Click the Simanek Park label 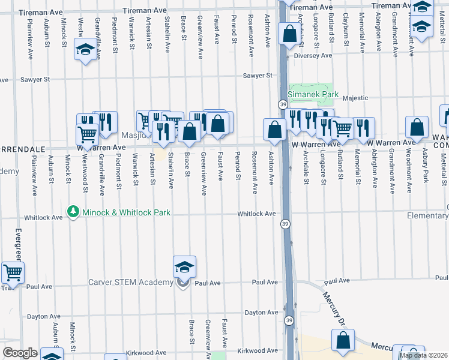coord(313,95)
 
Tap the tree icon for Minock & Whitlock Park coord(73,212)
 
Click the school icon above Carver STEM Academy coord(184,267)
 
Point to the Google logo coord(19,353)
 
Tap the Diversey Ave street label coord(313,55)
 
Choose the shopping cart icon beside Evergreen coord(12,273)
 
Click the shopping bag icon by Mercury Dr coord(343,340)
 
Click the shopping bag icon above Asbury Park coord(416,128)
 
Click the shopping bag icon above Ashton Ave coord(275,129)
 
